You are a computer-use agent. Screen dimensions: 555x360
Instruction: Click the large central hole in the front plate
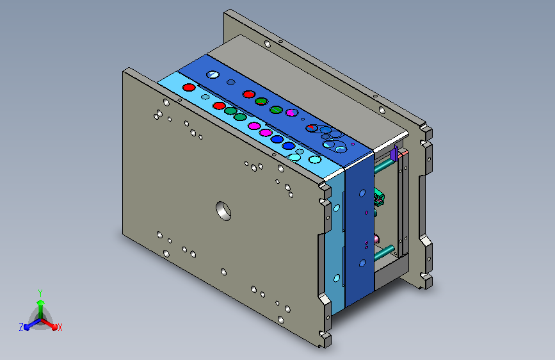coord(223,211)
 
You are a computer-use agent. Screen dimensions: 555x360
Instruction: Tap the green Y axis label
coord(40,293)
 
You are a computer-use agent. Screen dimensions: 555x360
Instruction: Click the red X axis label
coord(60,327)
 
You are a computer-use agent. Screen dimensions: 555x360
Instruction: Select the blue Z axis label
coord(21,327)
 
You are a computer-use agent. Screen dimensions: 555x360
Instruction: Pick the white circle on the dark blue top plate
coord(213,75)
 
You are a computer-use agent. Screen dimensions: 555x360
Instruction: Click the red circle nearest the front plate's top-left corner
coord(189,87)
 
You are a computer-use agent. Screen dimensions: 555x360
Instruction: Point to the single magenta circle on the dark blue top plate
coord(292,113)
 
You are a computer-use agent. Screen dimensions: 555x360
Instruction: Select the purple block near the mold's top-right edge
coord(394,153)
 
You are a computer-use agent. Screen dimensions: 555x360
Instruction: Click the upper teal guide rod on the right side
coord(384,165)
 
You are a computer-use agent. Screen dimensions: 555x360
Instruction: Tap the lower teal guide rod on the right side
coord(384,252)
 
